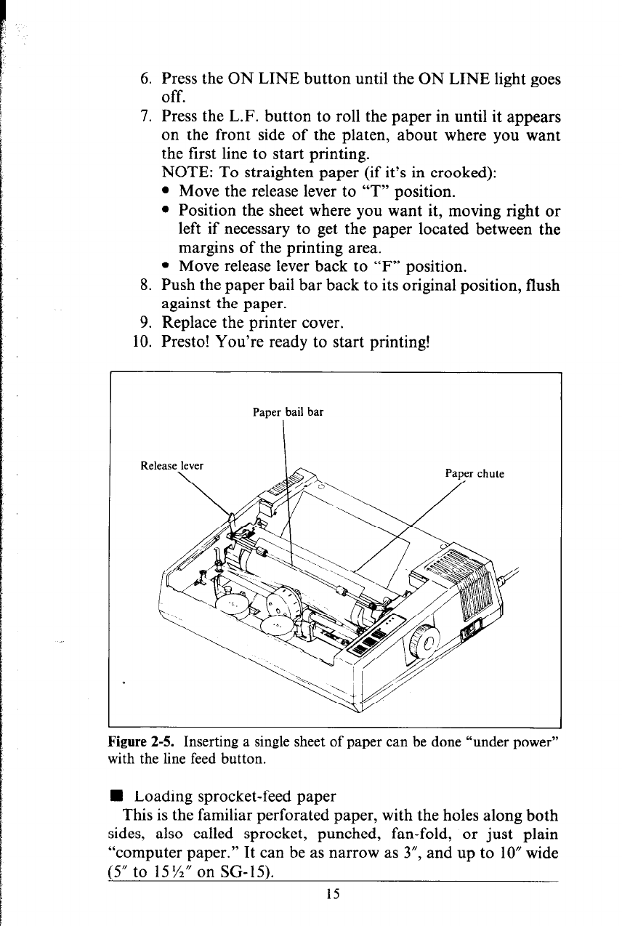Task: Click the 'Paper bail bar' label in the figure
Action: (x=288, y=412)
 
